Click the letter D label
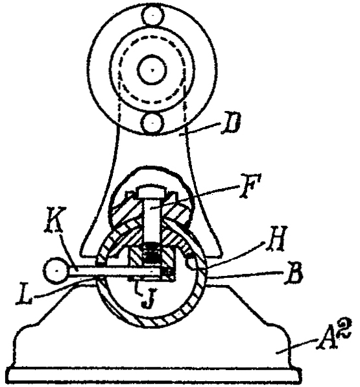[x=231, y=123]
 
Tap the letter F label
[x=250, y=185]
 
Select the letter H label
[x=276, y=238]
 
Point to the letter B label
[x=294, y=274]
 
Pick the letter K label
[x=55, y=219]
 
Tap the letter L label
[x=24, y=293]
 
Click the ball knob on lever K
[x=57, y=271]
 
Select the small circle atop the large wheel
[x=153, y=16]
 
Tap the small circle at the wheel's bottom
[x=152, y=123]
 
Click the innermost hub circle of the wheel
[x=152, y=70]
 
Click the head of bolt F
[x=152, y=192]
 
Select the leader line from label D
[x=200, y=129]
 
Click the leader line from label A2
[x=296, y=346]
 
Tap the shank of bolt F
[x=152, y=219]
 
